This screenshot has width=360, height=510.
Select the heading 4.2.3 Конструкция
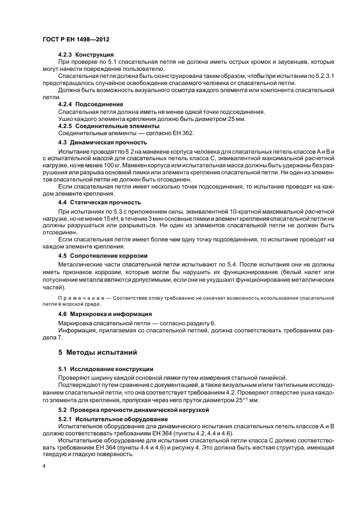(86, 55)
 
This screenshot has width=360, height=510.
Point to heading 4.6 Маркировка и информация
(104, 314)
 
